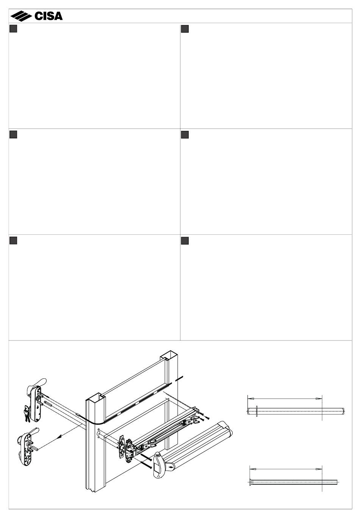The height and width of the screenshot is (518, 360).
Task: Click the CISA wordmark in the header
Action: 49,16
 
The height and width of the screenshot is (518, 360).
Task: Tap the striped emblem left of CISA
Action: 21,16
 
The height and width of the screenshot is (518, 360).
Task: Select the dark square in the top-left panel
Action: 14,29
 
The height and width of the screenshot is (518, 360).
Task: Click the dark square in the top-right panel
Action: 185,29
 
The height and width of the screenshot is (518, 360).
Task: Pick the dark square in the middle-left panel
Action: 14,135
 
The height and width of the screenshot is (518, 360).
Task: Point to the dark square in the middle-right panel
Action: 185,135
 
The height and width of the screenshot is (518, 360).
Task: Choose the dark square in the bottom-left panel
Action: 14,241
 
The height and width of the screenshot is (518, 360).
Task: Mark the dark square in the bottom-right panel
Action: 185,241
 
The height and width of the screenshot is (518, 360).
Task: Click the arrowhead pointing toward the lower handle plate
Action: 59,437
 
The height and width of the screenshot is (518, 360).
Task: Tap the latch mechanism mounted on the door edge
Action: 127,447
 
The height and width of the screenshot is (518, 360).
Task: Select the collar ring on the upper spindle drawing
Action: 257,411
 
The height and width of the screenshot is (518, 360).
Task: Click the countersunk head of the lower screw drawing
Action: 251,482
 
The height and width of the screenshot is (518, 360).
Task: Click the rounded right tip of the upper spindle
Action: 343,411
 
